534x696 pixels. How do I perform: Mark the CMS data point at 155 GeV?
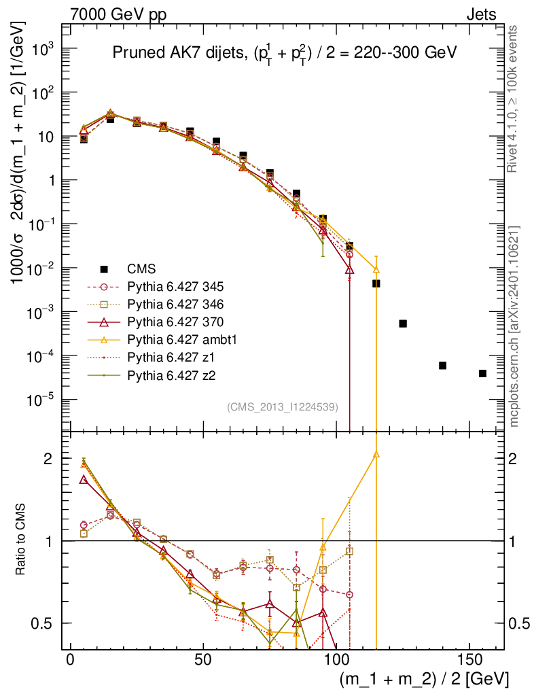(482, 373)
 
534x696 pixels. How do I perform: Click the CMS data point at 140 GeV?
(442, 366)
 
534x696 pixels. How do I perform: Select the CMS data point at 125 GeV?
(403, 324)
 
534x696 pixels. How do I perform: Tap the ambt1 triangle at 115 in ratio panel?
(376, 455)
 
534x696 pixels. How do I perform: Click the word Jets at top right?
(481, 14)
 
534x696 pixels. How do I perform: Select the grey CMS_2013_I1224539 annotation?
(283, 407)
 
